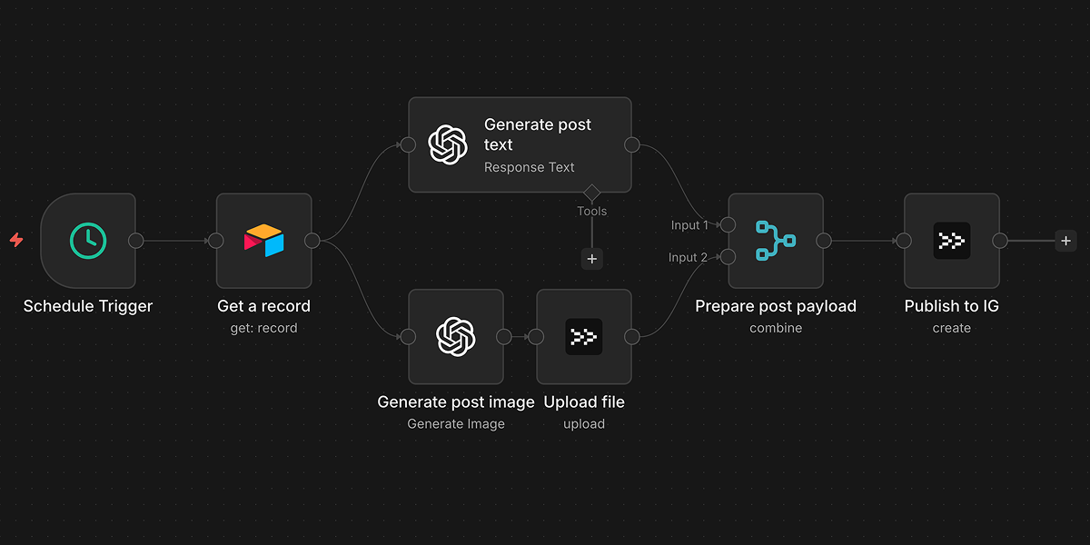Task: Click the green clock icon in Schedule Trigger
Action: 88,241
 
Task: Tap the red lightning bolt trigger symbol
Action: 16,241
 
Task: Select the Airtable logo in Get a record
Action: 263,241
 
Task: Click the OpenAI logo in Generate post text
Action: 448,144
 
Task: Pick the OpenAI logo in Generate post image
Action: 456,337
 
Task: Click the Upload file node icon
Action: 583,337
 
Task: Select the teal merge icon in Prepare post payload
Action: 775,241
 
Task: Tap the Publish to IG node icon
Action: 951,241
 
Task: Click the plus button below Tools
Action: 592,259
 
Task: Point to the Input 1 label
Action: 689,225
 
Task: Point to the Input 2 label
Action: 688,258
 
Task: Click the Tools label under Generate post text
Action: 592,211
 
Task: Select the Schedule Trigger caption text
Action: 88,306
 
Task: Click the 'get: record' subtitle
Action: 263,328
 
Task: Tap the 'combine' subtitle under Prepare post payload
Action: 776,328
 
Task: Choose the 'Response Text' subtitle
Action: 529,167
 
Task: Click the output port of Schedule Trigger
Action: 136,241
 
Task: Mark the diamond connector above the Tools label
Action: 592,193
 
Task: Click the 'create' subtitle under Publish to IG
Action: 951,328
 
